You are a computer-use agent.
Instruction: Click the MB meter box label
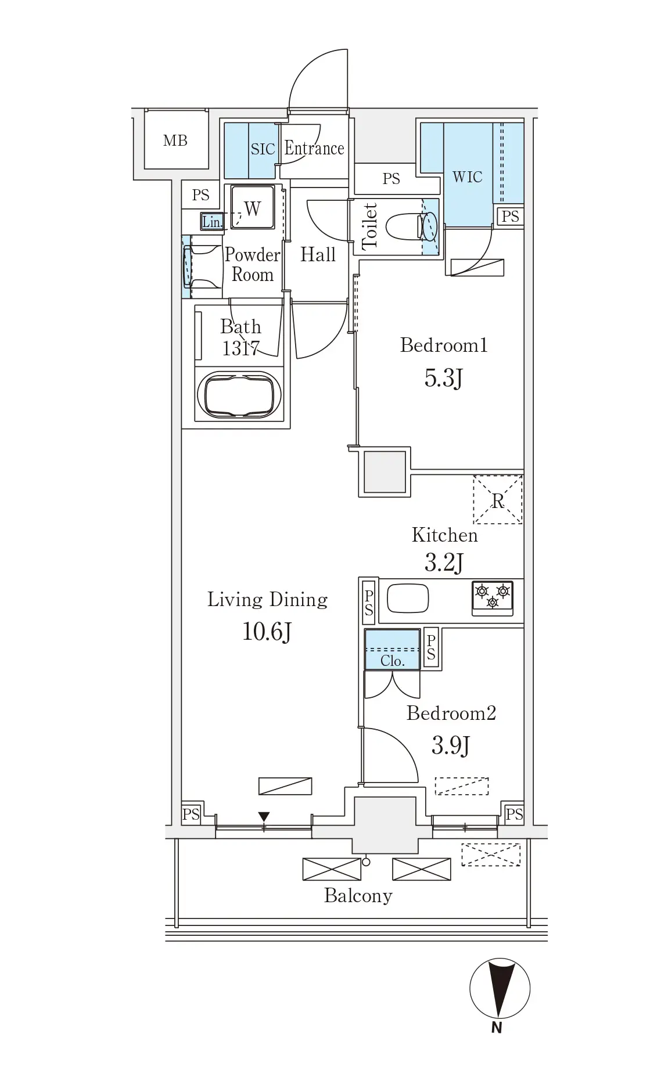click(x=175, y=140)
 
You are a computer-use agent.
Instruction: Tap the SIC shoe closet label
click(x=263, y=149)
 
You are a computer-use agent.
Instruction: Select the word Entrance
click(x=314, y=149)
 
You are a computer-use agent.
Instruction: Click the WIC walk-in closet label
click(x=467, y=176)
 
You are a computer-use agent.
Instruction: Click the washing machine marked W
click(x=252, y=207)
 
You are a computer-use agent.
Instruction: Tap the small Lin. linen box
click(x=212, y=222)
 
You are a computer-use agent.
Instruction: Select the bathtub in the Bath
click(x=239, y=394)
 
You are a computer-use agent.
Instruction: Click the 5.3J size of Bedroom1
click(x=443, y=379)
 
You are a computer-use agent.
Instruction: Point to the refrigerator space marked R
click(x=498, y=500)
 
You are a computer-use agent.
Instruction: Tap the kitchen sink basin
click(x=408, y=598)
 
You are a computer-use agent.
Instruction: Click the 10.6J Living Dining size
click(x=267, y=632)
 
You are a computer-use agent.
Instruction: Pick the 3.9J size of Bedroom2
click(x=450, y=745)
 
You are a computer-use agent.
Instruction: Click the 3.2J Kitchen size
click(x=444, y=562)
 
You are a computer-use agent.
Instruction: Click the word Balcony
click(x=358, y=896)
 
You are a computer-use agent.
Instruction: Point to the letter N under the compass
click(x=497, y=1027)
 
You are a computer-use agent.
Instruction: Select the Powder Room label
click(x=252, y=264)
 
